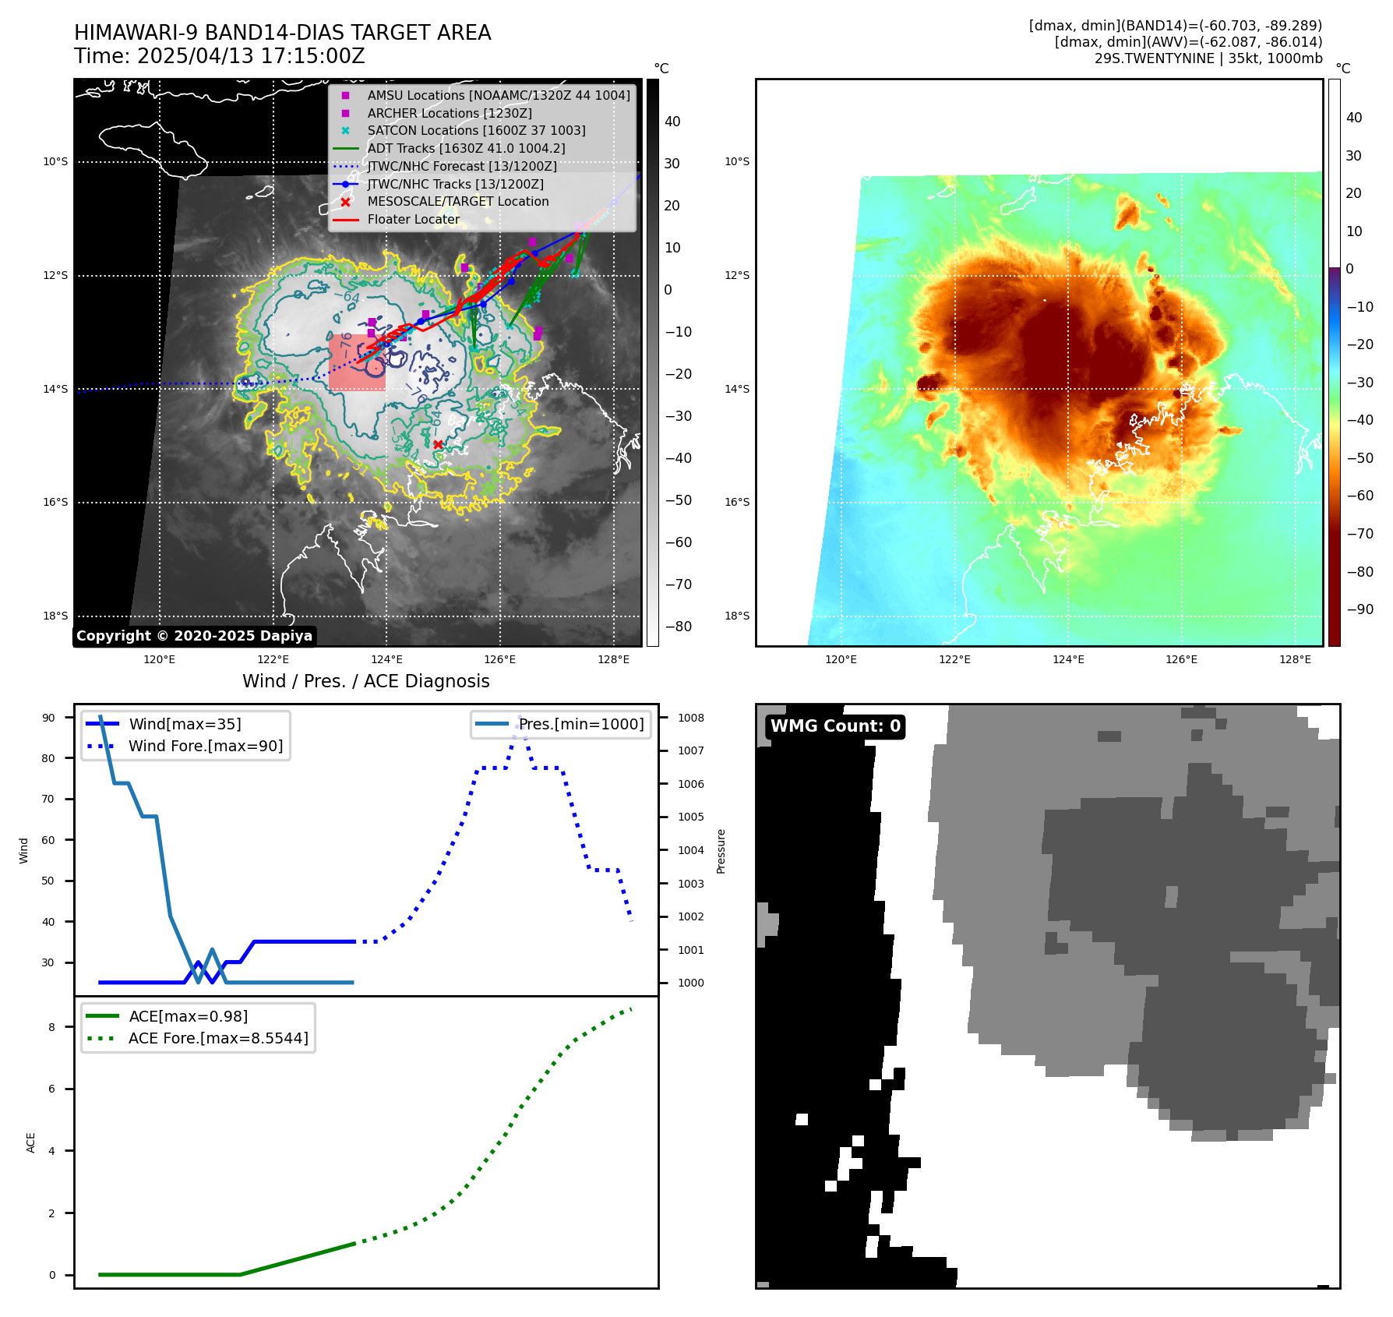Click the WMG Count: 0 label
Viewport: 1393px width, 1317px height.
point(834,726)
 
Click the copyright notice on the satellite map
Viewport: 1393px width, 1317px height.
point(194,636)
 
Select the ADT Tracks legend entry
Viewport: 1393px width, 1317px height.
point(466,148)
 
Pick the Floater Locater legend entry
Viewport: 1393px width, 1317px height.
point(413,219)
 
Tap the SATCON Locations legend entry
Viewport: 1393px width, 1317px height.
point(476,130)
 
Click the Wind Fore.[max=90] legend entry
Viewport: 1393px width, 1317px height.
point(206,746)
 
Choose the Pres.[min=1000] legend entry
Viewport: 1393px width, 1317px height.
point(581,724)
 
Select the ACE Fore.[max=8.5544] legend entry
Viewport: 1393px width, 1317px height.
point(218,1038)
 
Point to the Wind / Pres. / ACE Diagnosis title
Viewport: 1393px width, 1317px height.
point(366,681)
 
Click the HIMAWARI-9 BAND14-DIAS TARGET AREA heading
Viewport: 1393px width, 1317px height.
point(282,33)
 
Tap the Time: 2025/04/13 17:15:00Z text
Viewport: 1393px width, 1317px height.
point(220,56)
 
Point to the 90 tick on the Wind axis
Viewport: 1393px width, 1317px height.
point(48,718)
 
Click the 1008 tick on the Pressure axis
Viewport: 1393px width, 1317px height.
point(690,718)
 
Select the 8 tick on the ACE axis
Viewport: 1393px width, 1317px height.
point(51,1027)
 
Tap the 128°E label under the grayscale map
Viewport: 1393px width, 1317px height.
point(613,659)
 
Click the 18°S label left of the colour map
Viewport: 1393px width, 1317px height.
point(736,616)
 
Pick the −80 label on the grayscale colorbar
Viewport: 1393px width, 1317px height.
point(678,627)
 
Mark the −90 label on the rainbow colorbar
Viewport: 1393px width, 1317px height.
point(1359,609)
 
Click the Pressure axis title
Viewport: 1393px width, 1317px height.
point(721,851)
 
